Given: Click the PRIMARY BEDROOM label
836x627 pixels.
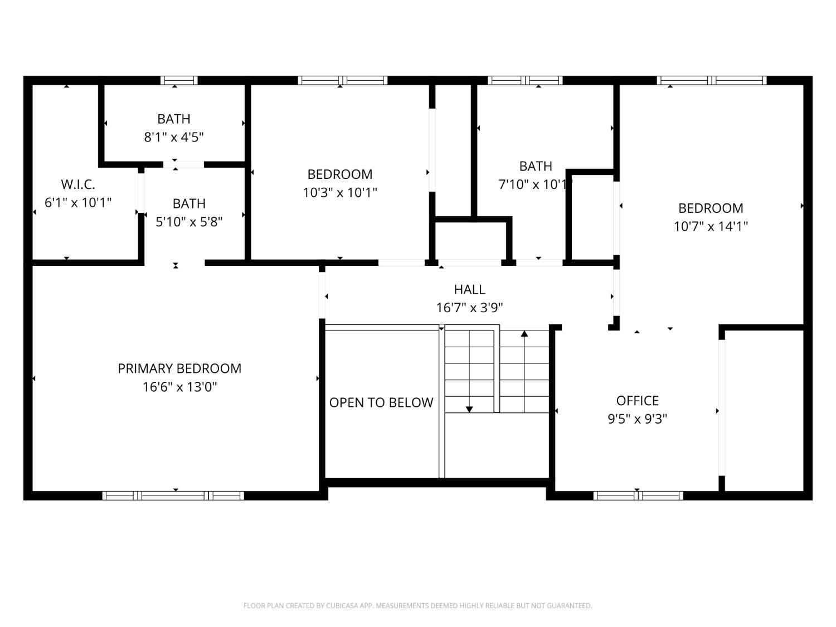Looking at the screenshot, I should point(179,368).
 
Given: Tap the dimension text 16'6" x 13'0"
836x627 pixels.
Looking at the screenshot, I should point(179,387).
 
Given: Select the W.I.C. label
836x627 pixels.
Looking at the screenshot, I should point(77,184).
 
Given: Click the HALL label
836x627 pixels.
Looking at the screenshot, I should point(469,289).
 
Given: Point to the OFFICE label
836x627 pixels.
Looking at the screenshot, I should point(637,401).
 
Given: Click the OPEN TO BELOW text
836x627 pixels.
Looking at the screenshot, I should point(381,402).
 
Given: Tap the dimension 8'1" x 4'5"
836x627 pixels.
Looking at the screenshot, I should point(174,137).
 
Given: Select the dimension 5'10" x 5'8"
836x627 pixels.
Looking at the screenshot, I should point(189,222).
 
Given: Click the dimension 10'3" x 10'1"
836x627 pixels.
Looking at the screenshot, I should point(340,193).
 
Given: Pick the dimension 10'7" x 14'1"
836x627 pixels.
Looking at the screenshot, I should point(711,226).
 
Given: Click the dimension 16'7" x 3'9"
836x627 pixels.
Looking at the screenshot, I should point(469,308).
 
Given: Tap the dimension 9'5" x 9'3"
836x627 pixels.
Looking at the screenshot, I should point(637,419).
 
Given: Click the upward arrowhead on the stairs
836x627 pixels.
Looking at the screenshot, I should point(524,334).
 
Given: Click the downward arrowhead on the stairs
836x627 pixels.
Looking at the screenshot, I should point(469,409).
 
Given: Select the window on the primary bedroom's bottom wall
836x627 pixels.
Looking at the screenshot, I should point(173,495).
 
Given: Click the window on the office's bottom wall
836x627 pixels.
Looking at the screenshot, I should point(638,495).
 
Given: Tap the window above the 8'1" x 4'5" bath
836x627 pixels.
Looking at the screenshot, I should point(179,80).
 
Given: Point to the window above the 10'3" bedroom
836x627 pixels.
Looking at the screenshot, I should point(342,80).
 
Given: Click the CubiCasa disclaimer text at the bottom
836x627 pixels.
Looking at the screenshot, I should point(417,606).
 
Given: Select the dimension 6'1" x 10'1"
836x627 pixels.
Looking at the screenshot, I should point(78,203).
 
